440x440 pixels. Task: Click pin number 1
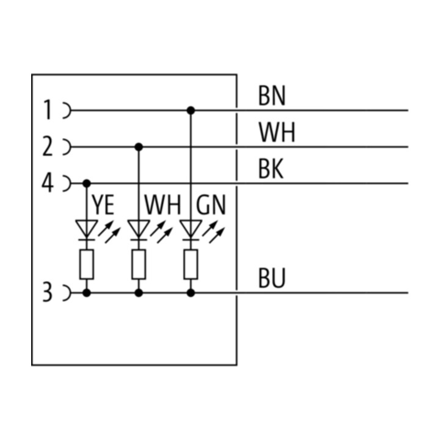click(48, 110)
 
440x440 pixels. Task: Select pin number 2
click(48, 146)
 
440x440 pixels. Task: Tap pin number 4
click(48, 183)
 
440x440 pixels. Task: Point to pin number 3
click(48, 292)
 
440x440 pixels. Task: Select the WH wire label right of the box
click(277, 132)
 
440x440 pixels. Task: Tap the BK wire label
click(271, 169)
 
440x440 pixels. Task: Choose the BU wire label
click(271, 278)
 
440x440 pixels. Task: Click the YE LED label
click(103, 205)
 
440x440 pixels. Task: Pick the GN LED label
click(211, 205)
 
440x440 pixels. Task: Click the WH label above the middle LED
click(163, 205)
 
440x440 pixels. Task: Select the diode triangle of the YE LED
click(87, 229)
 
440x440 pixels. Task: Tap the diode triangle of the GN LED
click(191, 229)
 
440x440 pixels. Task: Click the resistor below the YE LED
click(87, 265)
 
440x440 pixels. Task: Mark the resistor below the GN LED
click(191, 265)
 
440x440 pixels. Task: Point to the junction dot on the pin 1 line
click(191, 110)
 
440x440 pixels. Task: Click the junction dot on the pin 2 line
click(139, 147)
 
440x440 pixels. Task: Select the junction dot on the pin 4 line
click(87, 183)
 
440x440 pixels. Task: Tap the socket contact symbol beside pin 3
click(67, 293)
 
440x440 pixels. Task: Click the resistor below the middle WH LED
click(139, 265)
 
